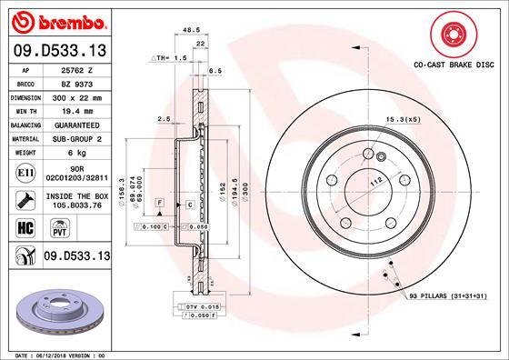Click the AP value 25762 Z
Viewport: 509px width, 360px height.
(74, 68)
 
